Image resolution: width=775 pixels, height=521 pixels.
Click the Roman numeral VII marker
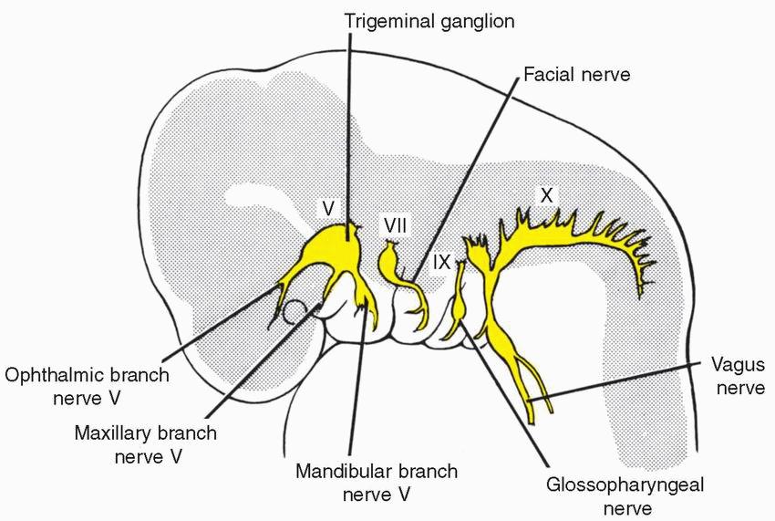point(395,224)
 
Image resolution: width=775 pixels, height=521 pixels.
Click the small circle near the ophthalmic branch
point(294,314)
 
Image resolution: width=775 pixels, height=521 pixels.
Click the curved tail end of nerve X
point(648,274)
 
